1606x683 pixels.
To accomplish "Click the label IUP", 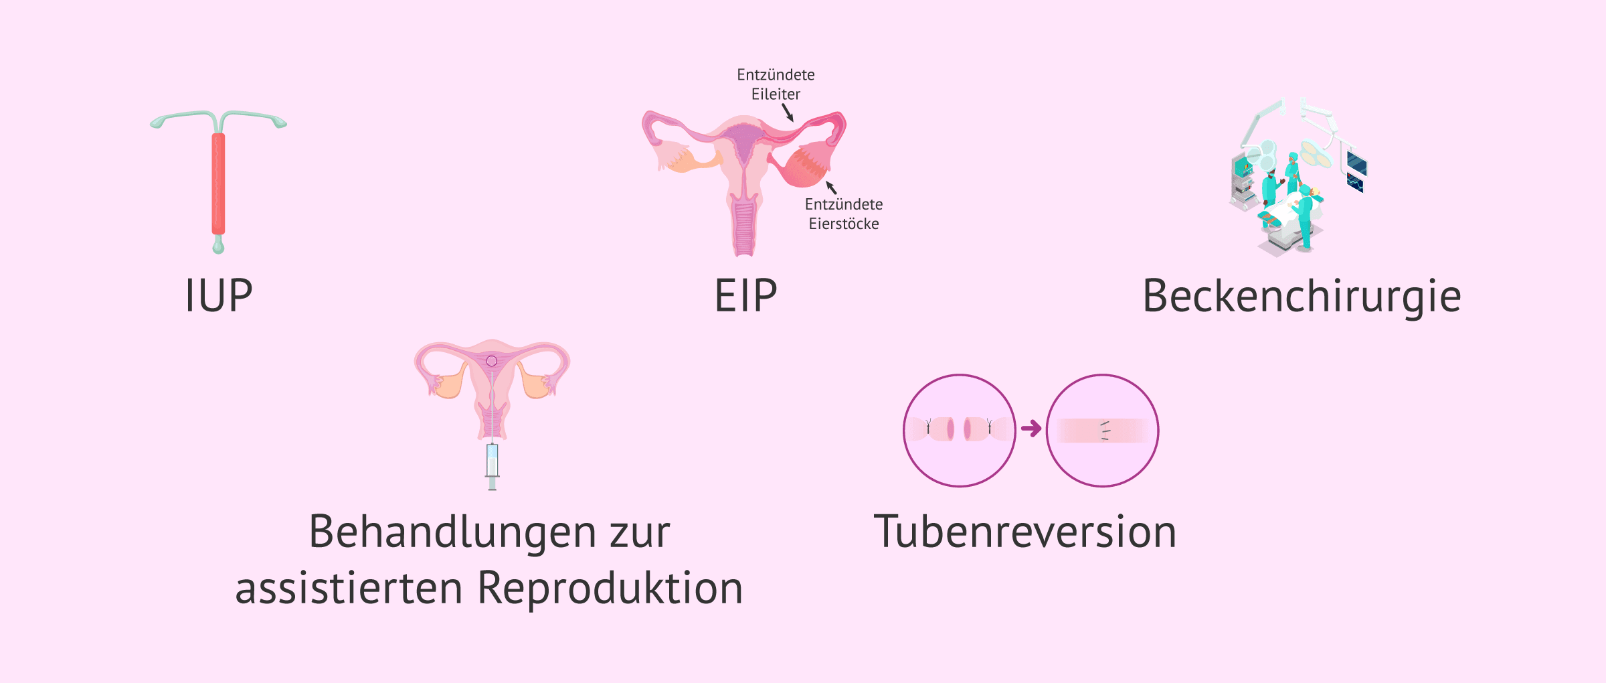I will tap(219, 296).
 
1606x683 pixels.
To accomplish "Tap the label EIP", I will tap(745, 296).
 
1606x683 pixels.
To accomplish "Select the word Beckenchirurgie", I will tap(1302, 296).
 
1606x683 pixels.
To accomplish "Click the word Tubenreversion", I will tap(1025, 532).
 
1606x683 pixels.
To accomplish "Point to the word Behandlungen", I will tap(452, 532).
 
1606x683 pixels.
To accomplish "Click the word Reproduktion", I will tap(610, 589).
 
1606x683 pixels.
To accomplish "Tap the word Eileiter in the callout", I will tap(776, 94).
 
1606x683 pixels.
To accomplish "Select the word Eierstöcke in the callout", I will tap(844, 224).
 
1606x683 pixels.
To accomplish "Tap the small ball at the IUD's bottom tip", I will tap(219, 248).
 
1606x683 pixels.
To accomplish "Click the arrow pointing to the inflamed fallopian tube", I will tap(788, 112).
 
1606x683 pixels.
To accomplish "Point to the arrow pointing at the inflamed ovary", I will tap(831, 187).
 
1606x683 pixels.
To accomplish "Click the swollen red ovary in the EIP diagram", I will tap(803, 167).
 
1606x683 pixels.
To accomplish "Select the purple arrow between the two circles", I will tap(1031, 429).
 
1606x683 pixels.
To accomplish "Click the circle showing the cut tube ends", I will tap(959, 430).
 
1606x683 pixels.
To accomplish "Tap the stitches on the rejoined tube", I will tap(1105, 431).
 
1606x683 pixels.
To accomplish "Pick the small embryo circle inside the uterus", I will tap(492, 362).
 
